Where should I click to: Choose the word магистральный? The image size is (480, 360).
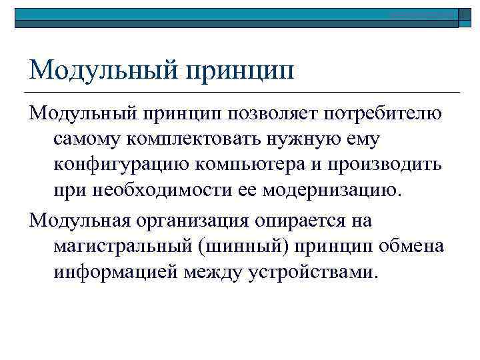pos(123,245)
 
